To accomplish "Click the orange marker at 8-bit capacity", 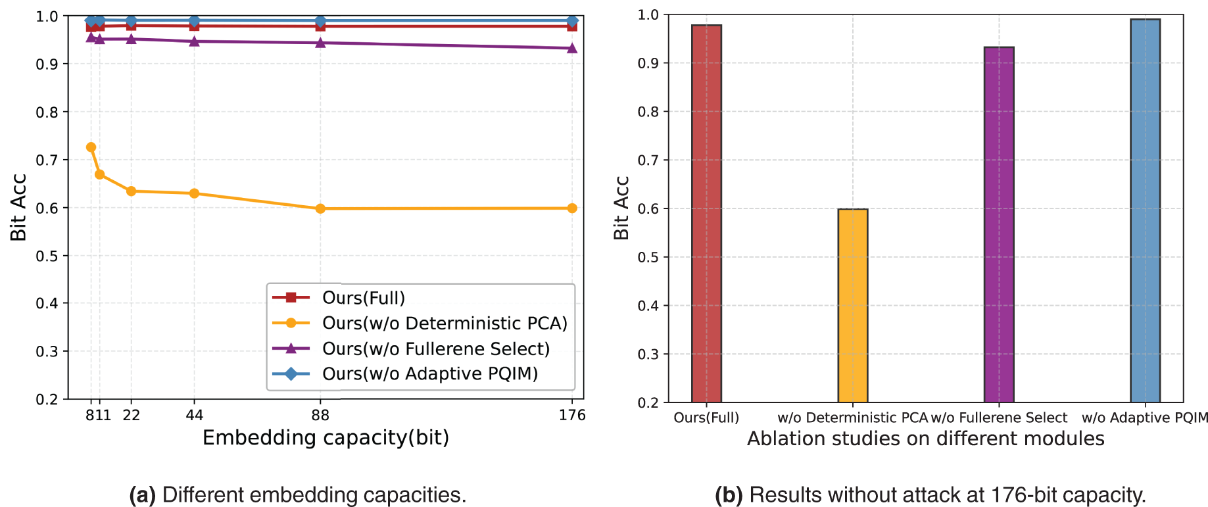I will [91, 147].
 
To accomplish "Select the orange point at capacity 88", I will [320, 208].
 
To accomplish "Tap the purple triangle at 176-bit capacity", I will [572, 48].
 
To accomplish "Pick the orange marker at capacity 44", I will [194, 193].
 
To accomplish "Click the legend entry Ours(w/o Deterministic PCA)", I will [445, 324].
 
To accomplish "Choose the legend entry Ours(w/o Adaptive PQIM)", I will [430, 374].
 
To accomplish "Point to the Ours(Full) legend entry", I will [363, 298].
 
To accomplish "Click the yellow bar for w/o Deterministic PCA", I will [853, 305].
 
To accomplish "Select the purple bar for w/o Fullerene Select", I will [999, 224].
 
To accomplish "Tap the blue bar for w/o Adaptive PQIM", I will [1145, 210].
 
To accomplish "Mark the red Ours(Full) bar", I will [706, 214].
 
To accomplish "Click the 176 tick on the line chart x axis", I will [572, 415].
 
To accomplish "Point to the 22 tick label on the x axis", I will [132, 415].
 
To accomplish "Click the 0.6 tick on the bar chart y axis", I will [648, 208].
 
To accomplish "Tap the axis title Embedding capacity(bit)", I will [326, 438].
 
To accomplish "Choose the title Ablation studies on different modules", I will [925, 439].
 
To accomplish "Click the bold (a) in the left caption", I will [142, 495].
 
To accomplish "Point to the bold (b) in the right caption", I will [729, 495].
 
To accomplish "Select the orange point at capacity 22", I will [131, 191].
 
